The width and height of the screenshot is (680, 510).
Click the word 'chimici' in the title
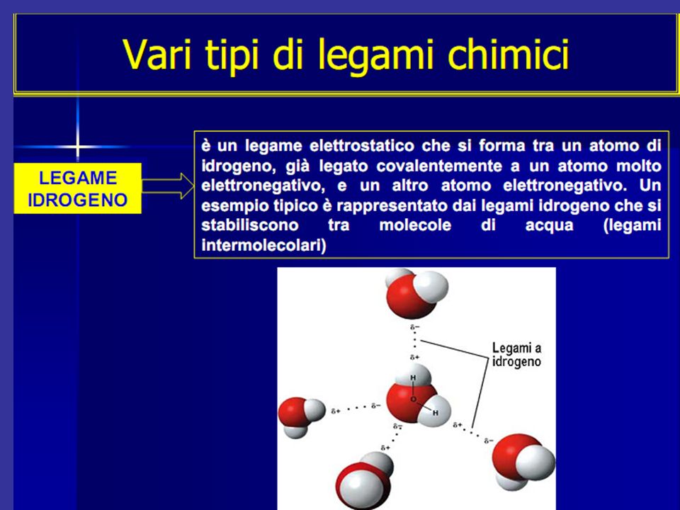coord(508,55)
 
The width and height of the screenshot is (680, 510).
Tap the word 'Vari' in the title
coord(157,55)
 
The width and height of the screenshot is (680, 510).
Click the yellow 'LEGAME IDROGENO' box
coord(78,188)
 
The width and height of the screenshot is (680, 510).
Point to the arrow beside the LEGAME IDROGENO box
coord(168,186)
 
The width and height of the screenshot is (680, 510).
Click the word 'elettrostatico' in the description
coord(362,146)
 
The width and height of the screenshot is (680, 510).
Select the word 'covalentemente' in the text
coord(439,166)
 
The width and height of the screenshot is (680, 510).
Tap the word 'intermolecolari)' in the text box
coord(263,246)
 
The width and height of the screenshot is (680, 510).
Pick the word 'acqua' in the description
coord(549,226)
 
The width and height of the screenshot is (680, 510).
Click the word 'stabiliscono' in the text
coord(250,225)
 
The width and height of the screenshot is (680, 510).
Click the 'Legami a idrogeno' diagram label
coord(516,355)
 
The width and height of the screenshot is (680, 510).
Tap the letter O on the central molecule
coord(413,399)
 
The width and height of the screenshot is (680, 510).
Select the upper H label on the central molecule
coord(413,378)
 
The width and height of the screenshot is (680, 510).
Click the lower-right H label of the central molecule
coord(436,413)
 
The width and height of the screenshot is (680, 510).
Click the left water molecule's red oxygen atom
coord(293,412)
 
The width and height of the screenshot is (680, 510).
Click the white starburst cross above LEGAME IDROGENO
coord(77,147)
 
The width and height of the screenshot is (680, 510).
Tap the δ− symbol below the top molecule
coord(415,327)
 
